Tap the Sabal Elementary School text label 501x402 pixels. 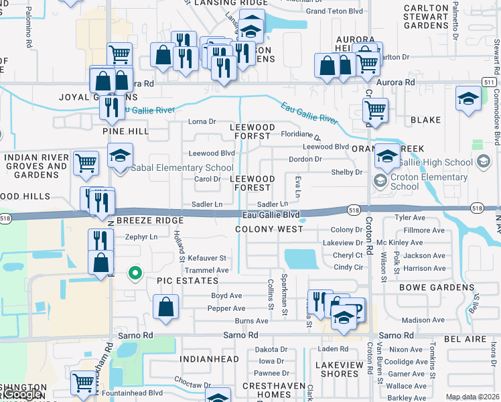coord(182,167)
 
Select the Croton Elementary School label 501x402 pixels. coord(429,182)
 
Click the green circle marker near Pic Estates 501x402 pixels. coord(135,273)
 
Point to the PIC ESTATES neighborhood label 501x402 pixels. coord(188,281)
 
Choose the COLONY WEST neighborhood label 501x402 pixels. coord(269,229)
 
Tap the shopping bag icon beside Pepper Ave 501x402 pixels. coord(165,306)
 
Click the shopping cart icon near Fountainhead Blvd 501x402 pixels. coord(84,383)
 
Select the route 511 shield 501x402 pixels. coord(489,82)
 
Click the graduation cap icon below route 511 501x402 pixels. coord(468,98)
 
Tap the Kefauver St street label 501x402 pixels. coord(207,258)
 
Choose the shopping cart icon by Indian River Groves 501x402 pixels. coord(86,162)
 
